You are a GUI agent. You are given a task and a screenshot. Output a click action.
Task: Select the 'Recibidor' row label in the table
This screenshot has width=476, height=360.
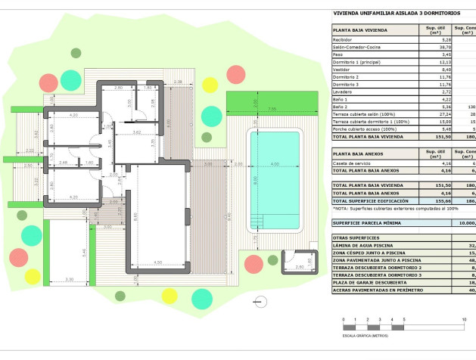click(345, 39)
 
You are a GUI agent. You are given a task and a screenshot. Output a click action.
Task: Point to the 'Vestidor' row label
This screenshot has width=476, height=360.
click(343, 70)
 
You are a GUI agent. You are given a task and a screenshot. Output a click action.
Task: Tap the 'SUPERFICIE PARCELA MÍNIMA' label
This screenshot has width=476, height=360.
click(369, 223)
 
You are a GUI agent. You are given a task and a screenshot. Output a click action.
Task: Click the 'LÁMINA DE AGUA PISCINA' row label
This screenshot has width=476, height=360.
click(364, 245)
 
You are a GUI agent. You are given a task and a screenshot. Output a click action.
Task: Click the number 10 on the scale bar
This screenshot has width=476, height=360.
click(463, 320)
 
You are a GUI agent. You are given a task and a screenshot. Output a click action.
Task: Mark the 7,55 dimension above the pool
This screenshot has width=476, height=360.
click(272, 109)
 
